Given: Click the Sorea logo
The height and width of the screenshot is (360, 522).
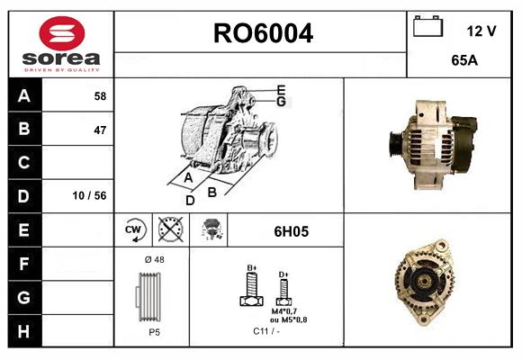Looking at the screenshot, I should pos(61,44).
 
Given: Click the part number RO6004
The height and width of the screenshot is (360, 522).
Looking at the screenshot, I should pos(262,34).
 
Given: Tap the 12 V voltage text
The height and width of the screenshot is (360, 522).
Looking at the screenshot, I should pos(481,31).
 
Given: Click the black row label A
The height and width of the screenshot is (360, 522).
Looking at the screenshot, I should pos(24,95).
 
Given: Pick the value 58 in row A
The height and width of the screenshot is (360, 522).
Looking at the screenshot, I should pos(99,95).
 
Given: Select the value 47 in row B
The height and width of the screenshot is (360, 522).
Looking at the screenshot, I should pos(99,130).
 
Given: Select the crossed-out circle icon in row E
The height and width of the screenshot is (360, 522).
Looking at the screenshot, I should pos(168,230).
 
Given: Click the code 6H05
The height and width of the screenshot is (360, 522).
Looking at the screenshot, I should pos(292,231).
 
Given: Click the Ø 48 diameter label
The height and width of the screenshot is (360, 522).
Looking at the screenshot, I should pos(153,260).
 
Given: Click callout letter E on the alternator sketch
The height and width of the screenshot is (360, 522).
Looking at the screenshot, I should pos(281,90).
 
